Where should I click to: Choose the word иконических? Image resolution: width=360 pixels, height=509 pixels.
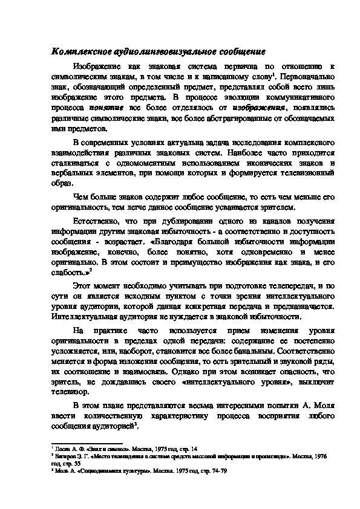pos(266,163)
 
